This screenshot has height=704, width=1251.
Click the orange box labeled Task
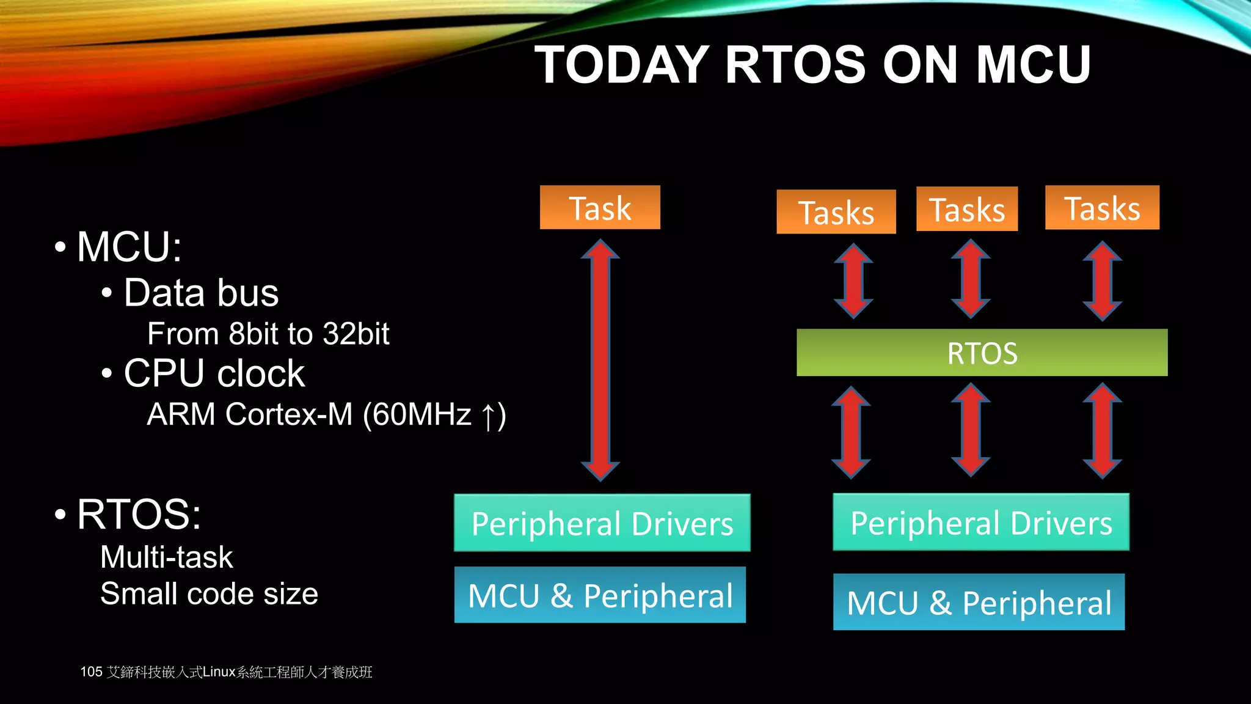tap(600, 208)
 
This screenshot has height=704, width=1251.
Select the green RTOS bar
tap(982, 353)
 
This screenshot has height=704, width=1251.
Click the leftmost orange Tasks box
tap(836, 212)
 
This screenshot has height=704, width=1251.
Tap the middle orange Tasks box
tap(967, 209)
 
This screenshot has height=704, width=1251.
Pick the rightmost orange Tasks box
tap(1102, 208)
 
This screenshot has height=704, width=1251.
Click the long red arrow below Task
tap(600, 361)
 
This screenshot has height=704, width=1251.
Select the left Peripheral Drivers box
tap(602, 523)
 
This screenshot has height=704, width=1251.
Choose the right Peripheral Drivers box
tap(981, 522)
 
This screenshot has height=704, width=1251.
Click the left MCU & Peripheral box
tap(600, 595)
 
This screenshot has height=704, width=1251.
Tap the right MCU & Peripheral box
tap(979, 602)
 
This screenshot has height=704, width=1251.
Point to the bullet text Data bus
tap(201, 293)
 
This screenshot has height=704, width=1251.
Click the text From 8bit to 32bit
tap(268, 334)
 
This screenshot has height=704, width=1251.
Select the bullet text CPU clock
tap(214, 373)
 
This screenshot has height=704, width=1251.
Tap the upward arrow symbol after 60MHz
tap(488, 416)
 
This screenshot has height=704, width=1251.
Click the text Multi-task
tap(166, 557)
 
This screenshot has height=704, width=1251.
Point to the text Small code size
tap(209, 594)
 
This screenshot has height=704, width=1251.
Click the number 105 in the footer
tap(91, 672)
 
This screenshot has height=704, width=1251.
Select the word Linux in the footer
tap(219, 672)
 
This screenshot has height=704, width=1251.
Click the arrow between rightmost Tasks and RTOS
tap(1102, 280)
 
